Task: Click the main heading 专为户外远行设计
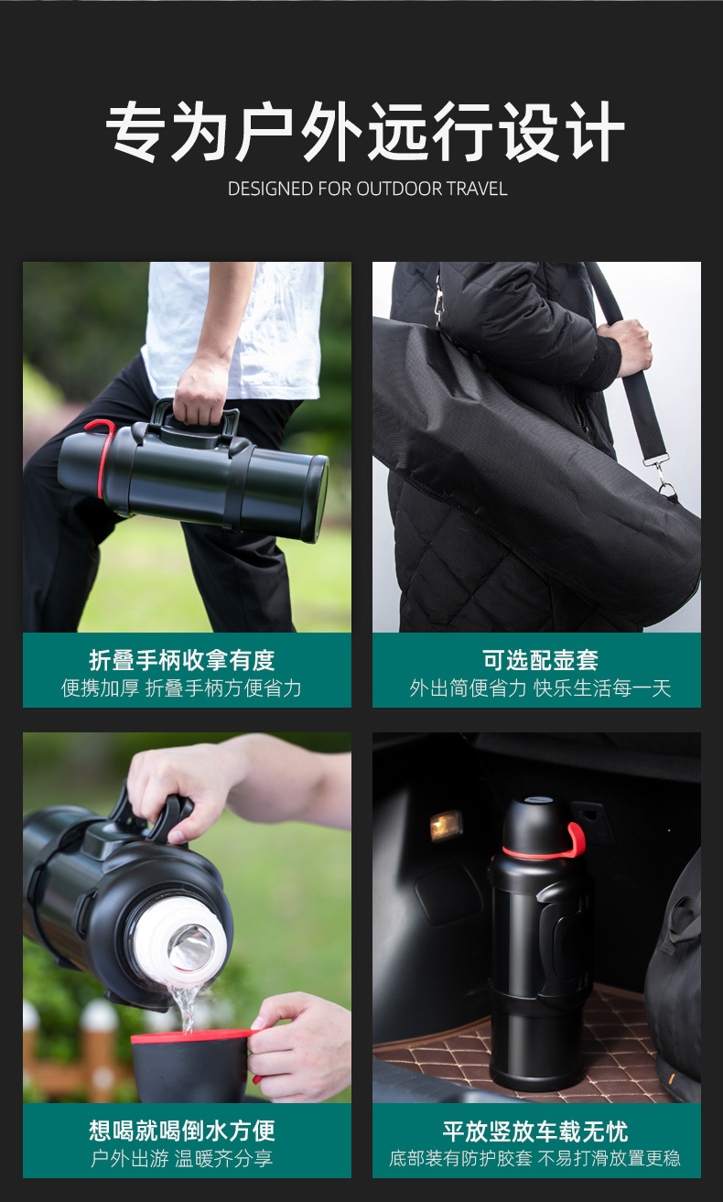[x=365, y=132]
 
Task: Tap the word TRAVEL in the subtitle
[x=477, y=189]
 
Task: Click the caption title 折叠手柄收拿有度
[x=182, y=660]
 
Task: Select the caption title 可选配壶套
[x=540, y=660]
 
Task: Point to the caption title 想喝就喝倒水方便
[x=182, y=1131]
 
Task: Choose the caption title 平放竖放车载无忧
[x=535, y=1131]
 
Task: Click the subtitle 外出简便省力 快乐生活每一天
[x=540, y=688]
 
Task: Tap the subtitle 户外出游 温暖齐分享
[x=182, y=1159]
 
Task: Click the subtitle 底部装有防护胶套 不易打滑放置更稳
[x=535, y=1159]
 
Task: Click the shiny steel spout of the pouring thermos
[x=190, y=948]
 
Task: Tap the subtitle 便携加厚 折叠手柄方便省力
[x=182, y=688]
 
